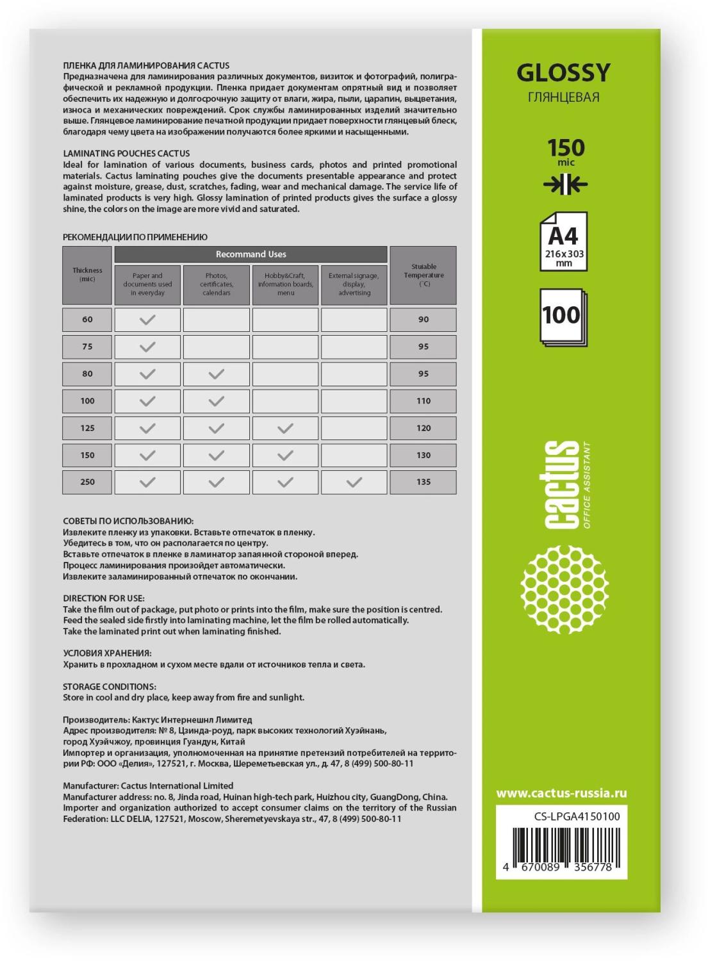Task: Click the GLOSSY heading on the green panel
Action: coord(563,73)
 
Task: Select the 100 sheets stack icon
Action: coord(562,316)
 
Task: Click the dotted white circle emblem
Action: coord(564,589)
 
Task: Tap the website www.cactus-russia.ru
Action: coord(561,793)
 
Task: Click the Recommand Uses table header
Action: coord(251,254)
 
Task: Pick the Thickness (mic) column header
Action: coord(87,275)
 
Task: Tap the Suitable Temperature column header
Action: coord(424,275)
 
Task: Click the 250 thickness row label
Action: coord(87,482)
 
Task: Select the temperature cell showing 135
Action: coord(424,482)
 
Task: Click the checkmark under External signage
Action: coord(354,482)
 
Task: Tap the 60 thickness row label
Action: coord(87,319)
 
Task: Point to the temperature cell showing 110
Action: coord(424,400)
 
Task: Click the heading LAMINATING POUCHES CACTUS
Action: coord(126,153)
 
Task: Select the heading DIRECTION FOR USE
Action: coord(103,598)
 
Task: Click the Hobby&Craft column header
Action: coord(285,284)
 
